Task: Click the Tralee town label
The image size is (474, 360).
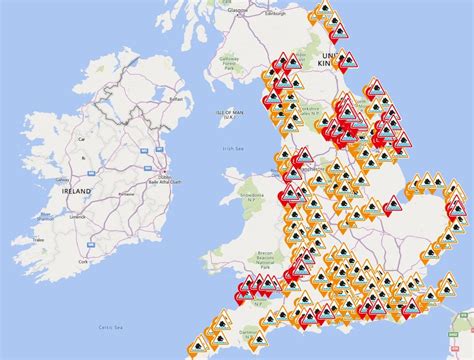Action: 39,239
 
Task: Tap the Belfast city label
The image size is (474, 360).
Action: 180,99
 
